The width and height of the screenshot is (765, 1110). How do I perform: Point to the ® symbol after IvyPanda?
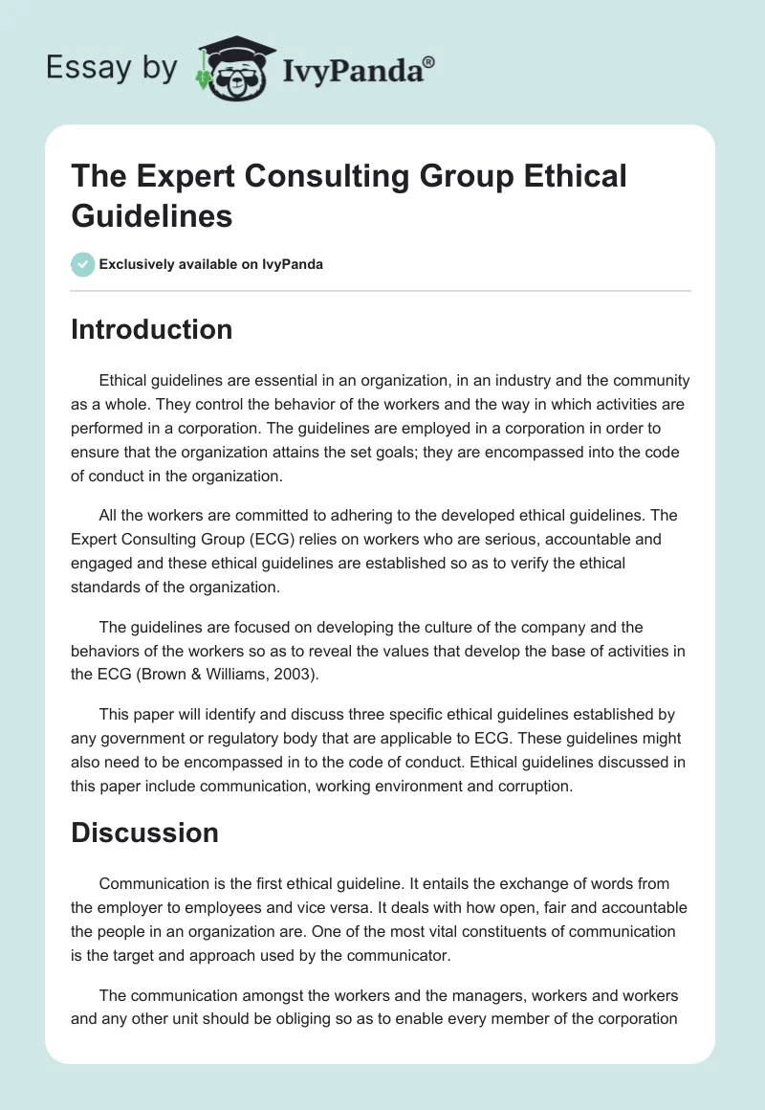(x=429, y=63)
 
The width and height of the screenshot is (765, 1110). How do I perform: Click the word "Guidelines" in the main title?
(x=152, y=215)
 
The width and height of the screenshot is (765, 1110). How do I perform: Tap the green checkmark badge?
(x=83, y=264)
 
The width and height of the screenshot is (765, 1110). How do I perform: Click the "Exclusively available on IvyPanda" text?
(x=210, y=264)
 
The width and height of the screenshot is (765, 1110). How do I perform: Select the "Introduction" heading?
(x=152, y=329)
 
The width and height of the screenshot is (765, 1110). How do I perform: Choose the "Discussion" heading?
(x=144, y=832)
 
